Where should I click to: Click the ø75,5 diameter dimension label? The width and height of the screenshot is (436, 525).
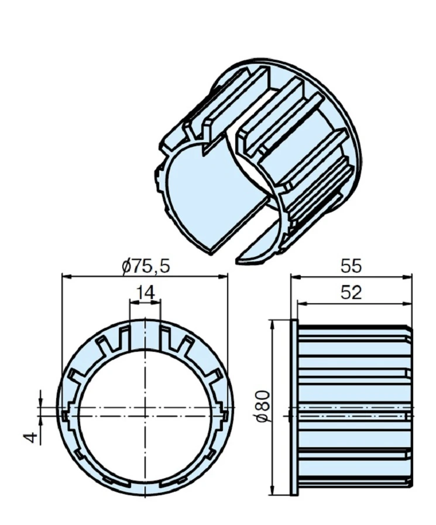[x=146, y=266]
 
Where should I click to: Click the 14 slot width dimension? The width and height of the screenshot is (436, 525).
[x=146, y=293]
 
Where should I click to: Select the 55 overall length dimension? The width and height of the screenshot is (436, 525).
[x=351, y=266]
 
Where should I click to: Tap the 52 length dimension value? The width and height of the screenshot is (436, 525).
[x=351, y=293]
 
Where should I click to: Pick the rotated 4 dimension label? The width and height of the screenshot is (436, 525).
[x=32, y=437]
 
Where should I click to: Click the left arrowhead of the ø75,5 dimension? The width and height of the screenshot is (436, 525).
[x=67, y=276]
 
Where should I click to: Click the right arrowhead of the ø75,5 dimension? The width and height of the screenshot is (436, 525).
[x=223, y=276]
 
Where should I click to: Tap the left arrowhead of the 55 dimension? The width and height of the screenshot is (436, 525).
[x=296, y=277]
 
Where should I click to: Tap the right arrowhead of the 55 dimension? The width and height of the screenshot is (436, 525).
[x=407, y=277]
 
